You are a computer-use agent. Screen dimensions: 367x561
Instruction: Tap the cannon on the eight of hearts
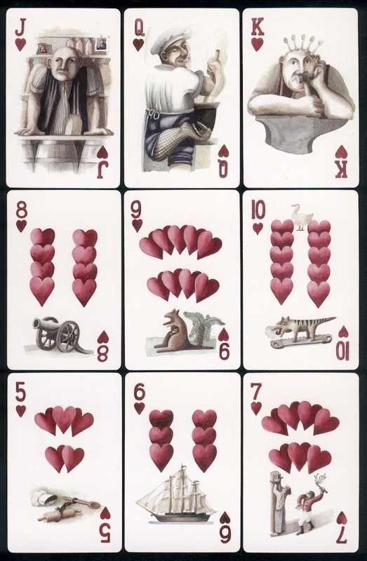[x=58, y=334]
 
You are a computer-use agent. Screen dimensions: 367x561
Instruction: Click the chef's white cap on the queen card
[x=171, y=39]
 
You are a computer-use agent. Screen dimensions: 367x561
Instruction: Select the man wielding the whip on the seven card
[x=309, y=504]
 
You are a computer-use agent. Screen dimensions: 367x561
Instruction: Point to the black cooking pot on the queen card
[x=206, y=114]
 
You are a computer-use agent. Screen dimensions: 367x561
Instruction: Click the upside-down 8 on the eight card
[x=103, y=353]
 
